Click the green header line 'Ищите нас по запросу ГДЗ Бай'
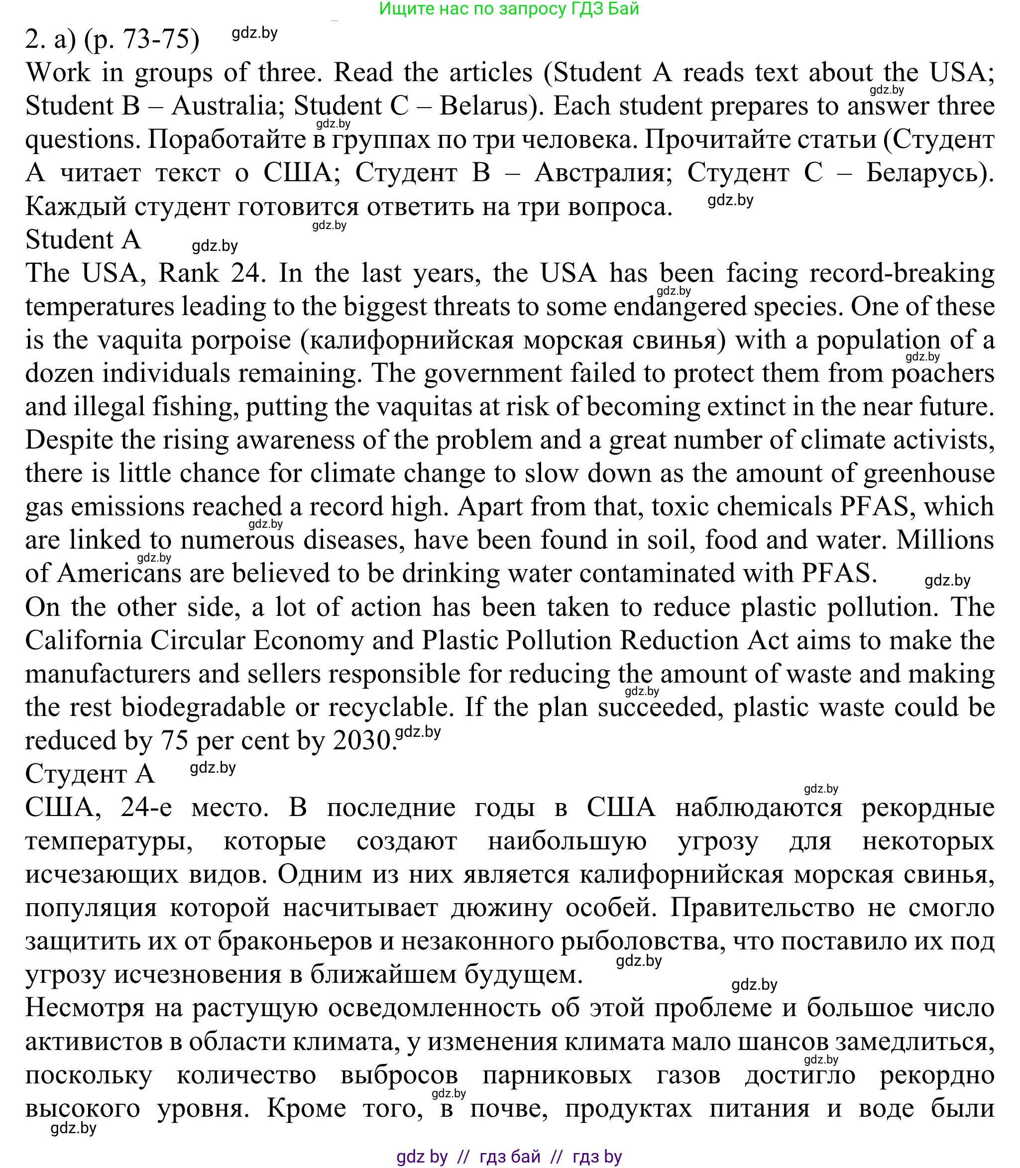pos(509,8)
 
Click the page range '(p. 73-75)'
pos(141,39)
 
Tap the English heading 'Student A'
pos(83,239)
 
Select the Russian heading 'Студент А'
pos(90,774)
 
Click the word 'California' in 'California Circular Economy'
pos(84,640)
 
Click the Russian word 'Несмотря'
pos(104,1008)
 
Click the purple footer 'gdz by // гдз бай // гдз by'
pos(509,1157)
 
